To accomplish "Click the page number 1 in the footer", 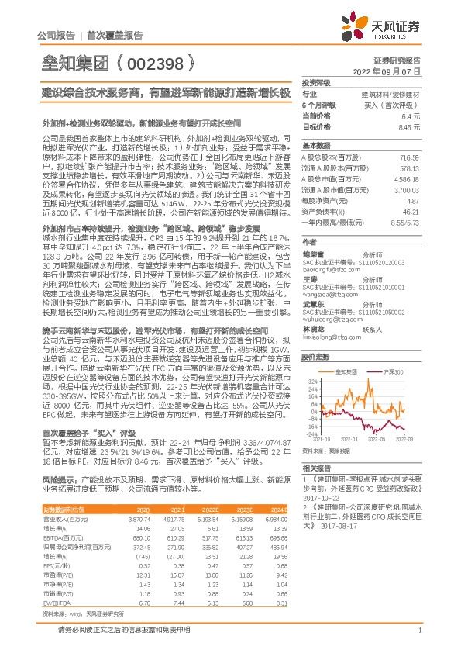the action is click(419, 639).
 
